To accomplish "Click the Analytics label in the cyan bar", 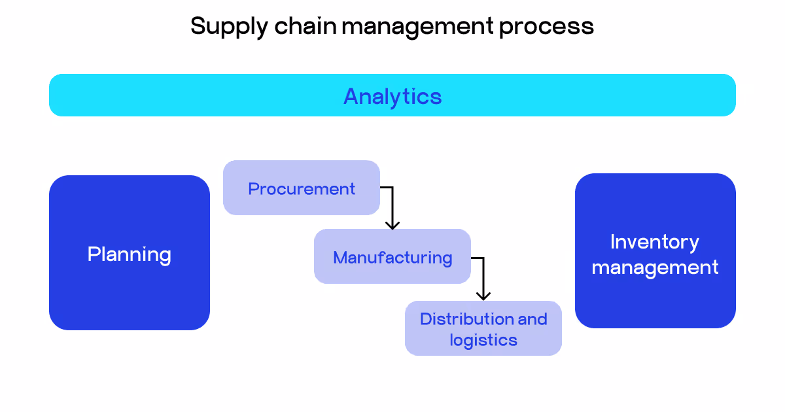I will [392, 96].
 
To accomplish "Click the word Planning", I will [130, 254].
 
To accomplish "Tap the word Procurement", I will [302, 189].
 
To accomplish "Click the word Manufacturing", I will [392, 258].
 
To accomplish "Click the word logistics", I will [483, 340].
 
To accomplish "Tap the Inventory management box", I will [655, 301].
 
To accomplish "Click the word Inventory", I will [655, 242].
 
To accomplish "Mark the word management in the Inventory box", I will [655, 267].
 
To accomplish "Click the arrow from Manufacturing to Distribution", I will [483, 275].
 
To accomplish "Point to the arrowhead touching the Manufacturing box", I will [392, 224].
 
